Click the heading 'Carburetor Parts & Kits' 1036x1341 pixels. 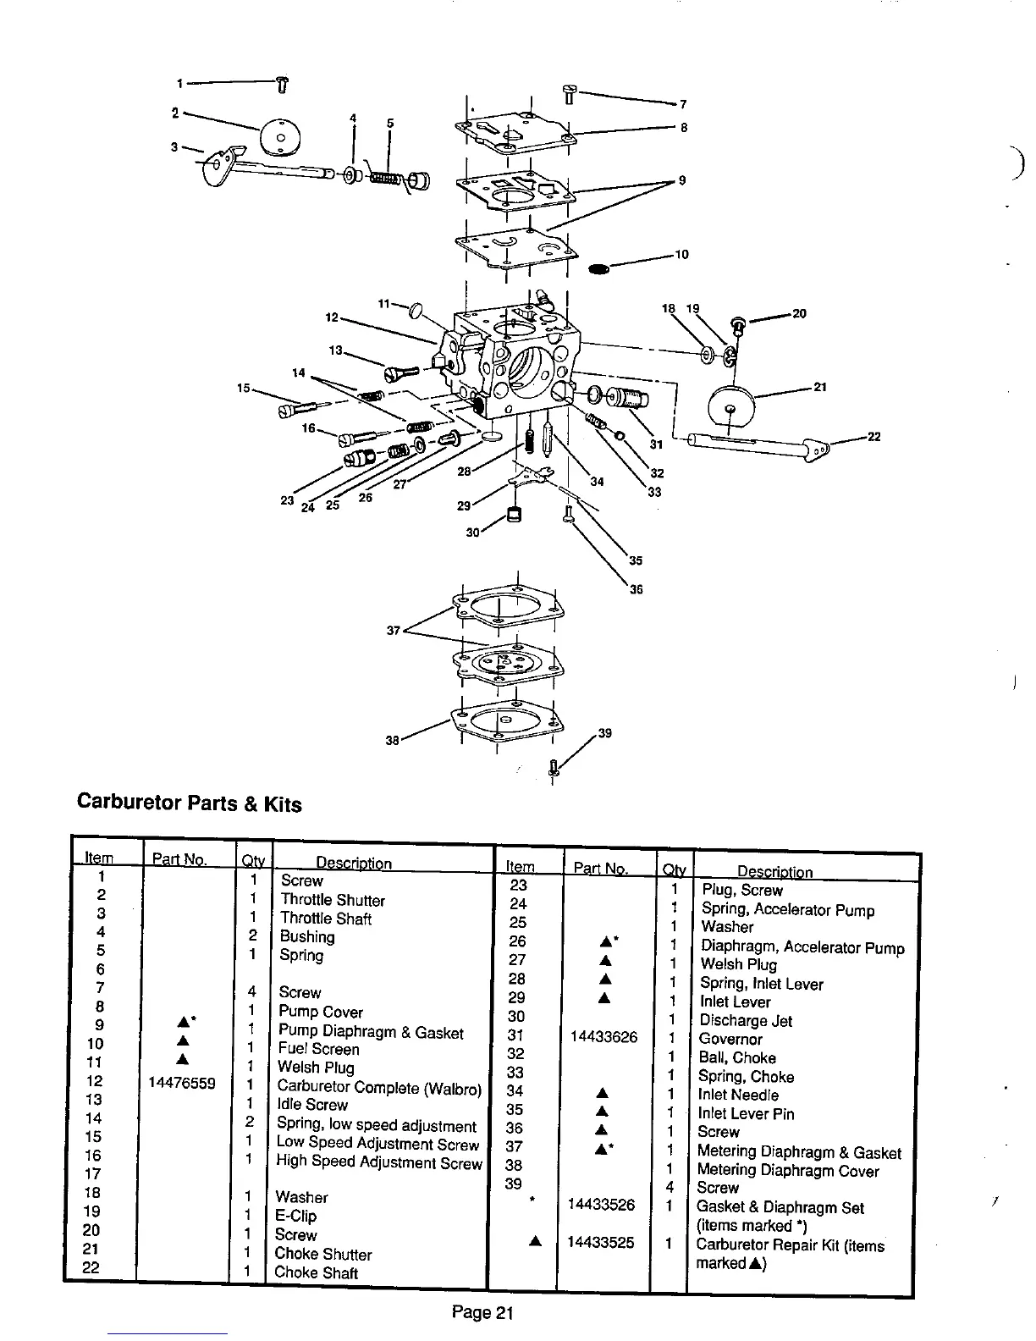(189, 803)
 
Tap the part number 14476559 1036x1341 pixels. (181, 1082)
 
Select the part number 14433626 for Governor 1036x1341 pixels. (603, 1037)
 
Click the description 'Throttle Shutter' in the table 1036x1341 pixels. (333, 900)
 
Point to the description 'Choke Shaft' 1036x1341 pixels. (317, 1272)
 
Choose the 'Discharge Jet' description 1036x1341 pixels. (746, 1021)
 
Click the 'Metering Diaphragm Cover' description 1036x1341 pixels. (787, 1171)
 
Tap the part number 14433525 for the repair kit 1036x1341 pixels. (601, 1243)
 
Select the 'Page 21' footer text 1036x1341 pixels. (482, 1313)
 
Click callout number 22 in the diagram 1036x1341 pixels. (873, 437)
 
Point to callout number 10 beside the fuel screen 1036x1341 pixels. (681, 254)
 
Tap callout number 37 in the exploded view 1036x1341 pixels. (392, 630)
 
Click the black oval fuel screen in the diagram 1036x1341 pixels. (598, 268)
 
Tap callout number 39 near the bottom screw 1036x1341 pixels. (604, 733)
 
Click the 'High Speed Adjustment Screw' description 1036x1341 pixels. (378, 1162)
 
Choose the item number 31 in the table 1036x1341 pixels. (516, 1035)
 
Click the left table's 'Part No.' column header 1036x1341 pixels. (179, 860)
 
